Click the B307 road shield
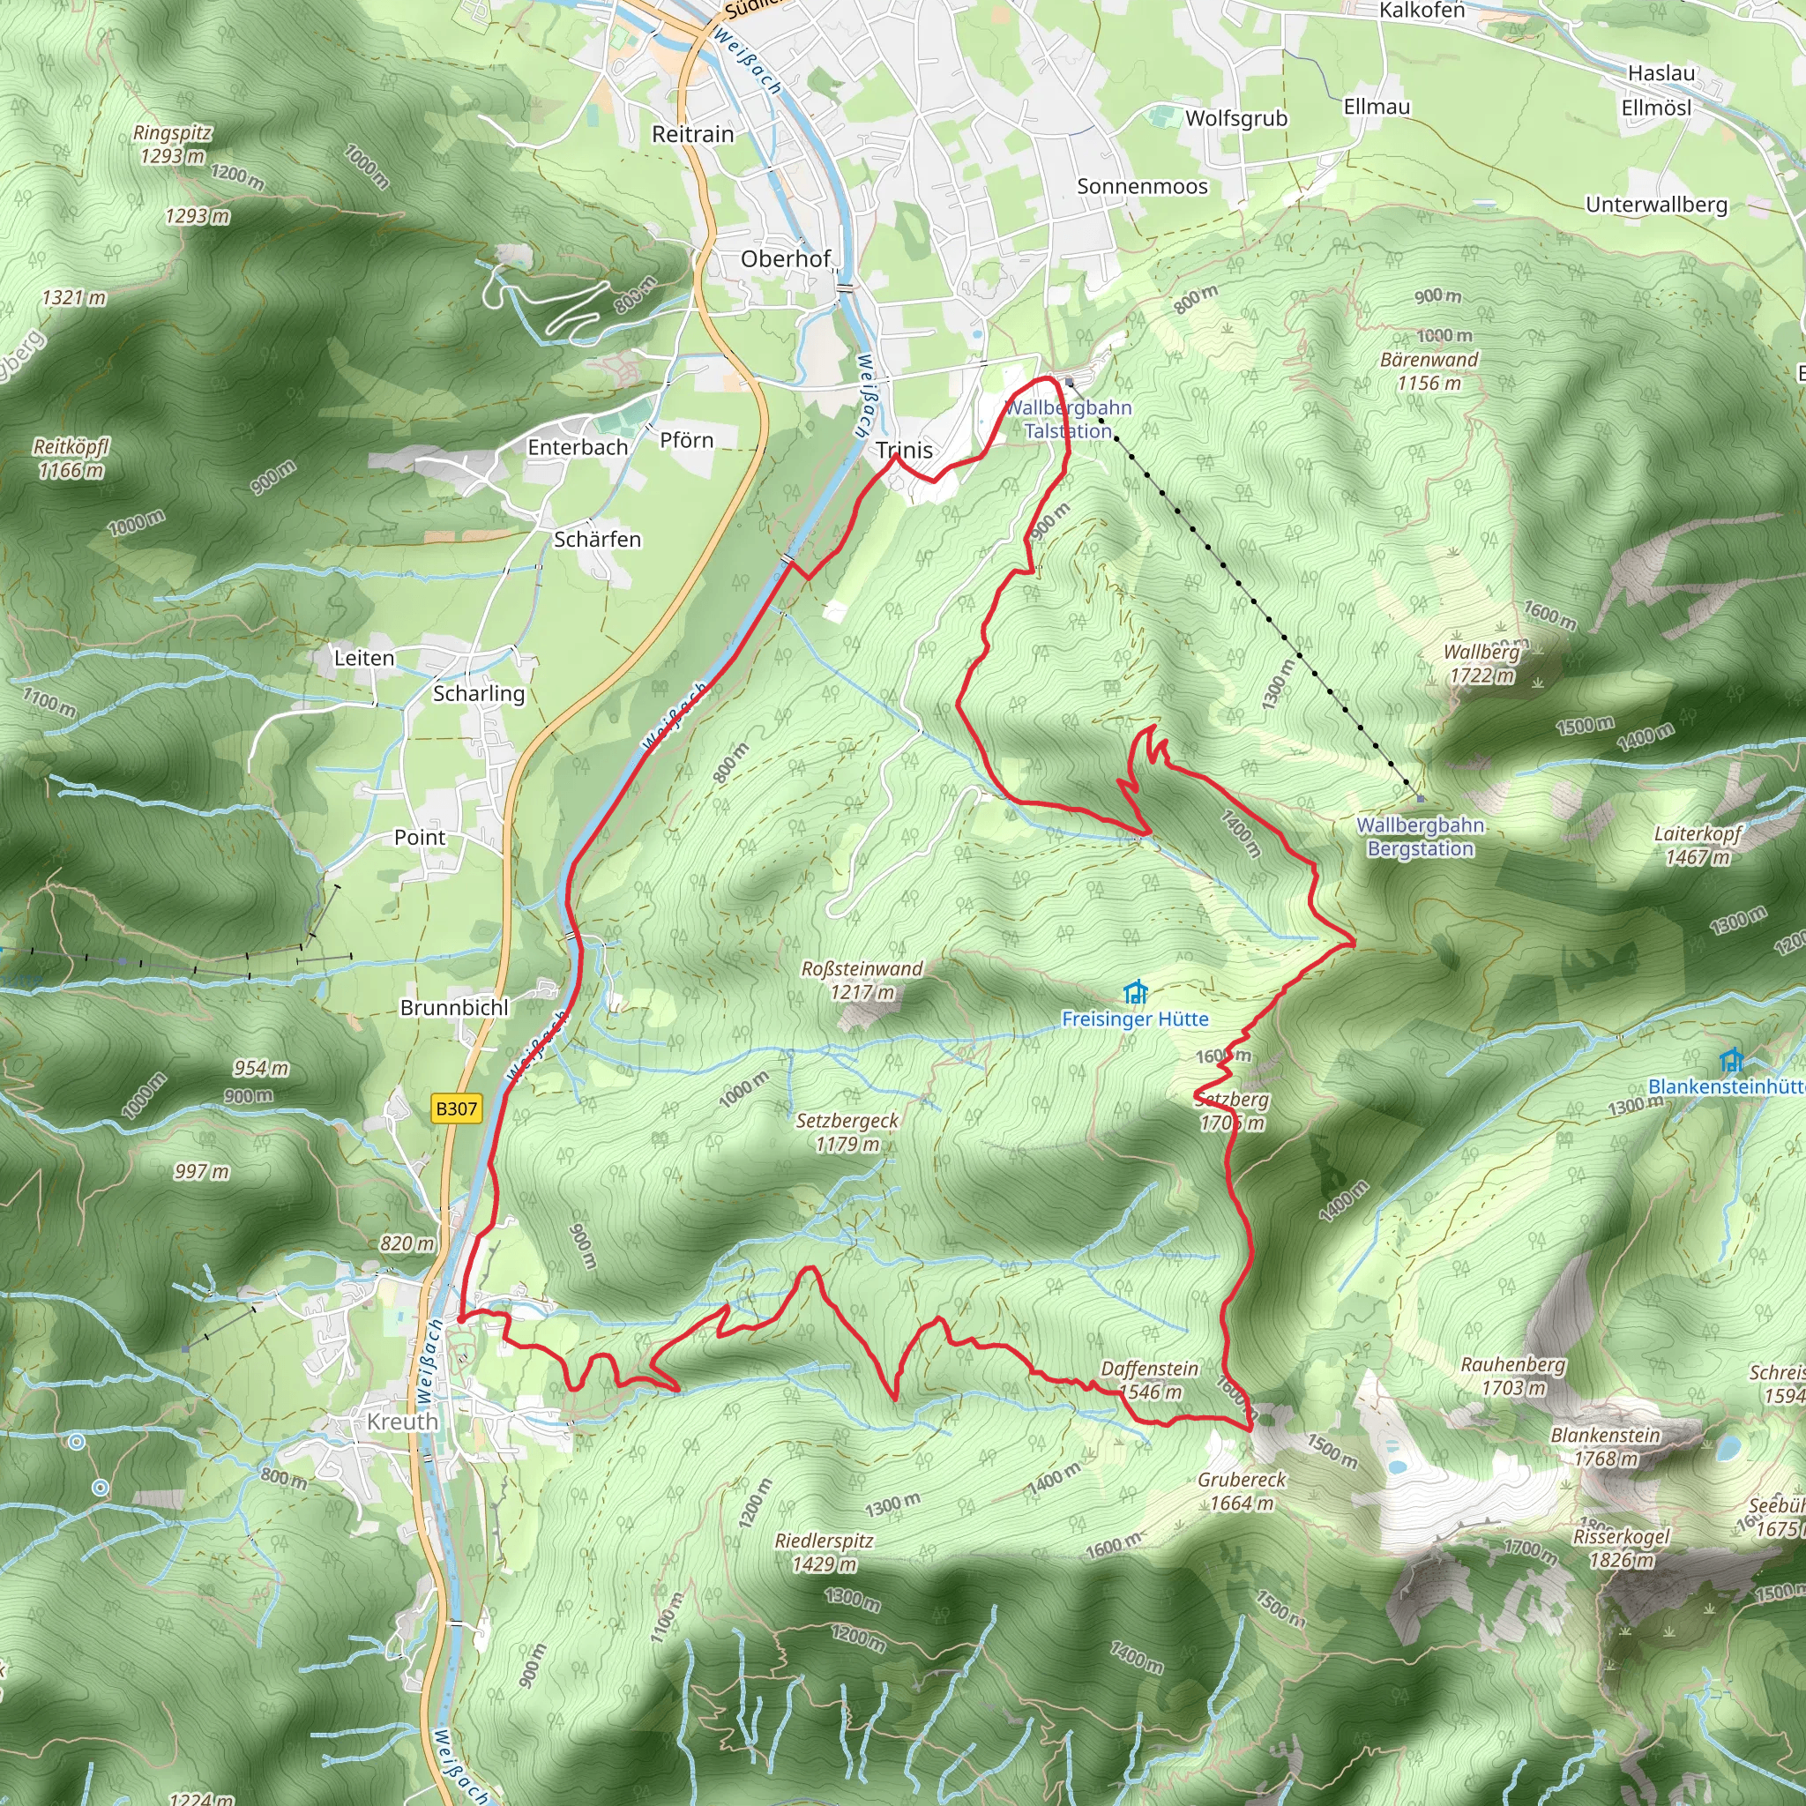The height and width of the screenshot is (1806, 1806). [456, 1108]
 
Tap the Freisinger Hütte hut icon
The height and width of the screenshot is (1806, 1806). [1136, 992]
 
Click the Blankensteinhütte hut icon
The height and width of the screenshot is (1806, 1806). [1731, 1061]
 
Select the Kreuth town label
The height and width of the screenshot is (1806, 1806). [402, 1422]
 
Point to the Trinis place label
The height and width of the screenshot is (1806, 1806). [904, 451]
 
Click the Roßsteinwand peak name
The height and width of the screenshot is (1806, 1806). [861, 969]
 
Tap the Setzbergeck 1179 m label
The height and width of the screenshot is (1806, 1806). [847, 1132]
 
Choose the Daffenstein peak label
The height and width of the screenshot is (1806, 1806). [1149, 1369]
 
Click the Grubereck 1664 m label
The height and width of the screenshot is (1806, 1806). [1242, 1492]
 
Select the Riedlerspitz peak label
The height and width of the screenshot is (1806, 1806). [824, 1541]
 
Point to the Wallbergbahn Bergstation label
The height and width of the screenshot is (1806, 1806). [1420, 837]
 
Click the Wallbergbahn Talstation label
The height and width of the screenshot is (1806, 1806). [1068, 420]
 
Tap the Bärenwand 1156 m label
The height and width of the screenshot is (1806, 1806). [1429, 371]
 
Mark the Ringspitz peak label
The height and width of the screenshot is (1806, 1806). [172, 133]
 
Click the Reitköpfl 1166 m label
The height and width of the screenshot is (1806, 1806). [71, 458]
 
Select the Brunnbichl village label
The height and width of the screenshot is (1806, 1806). [454, 1008]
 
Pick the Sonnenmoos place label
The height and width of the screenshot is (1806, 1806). [1142, 186]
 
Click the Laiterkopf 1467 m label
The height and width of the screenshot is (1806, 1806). [1698, 845]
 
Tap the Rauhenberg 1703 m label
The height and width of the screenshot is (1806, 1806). [1512, 1376]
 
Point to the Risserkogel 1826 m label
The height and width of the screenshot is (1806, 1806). [1621, 1548]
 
